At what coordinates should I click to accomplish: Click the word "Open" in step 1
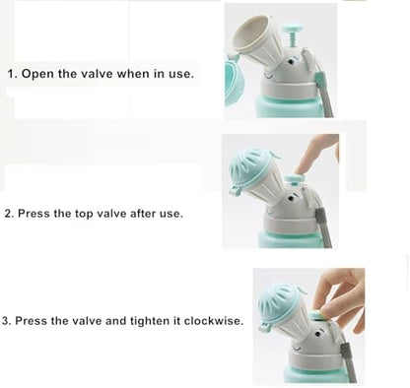[37, 74]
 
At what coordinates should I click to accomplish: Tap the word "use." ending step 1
[181, 74]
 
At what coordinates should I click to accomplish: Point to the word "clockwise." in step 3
[214, 320]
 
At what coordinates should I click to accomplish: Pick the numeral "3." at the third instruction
[7, 320]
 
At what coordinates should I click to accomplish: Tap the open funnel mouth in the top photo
[252, 32]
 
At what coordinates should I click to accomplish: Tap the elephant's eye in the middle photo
[291, 199]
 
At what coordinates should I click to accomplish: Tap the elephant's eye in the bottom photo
[317, 334]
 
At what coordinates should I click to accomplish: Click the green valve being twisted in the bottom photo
[317, 316]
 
